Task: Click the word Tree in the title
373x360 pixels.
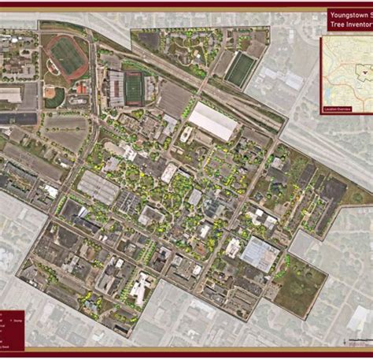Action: pos(337,25)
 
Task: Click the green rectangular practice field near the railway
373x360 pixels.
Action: pos(240,69)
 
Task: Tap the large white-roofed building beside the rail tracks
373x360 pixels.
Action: pos(212,121)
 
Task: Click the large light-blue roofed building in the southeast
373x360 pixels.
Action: pos(260,254)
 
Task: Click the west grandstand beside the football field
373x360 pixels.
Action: pos(116,87)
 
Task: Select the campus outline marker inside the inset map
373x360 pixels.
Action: pos(364,71)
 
